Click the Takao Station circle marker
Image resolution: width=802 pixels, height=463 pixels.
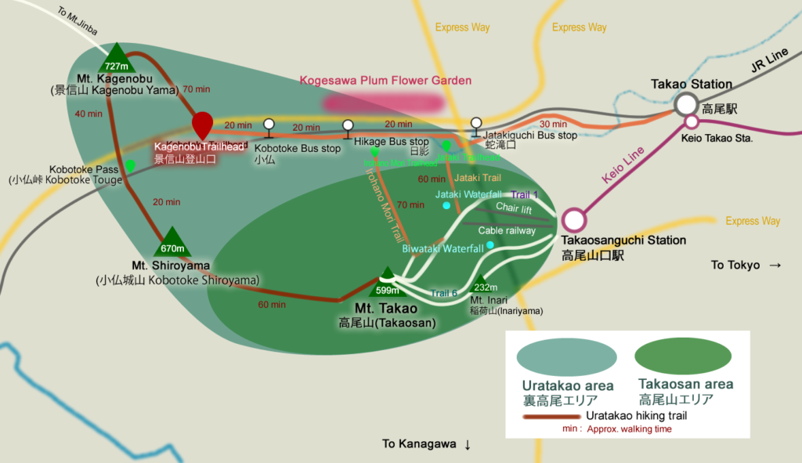click(x=687, y=104)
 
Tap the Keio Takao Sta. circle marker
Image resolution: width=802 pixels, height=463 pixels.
click(x=692, y=121)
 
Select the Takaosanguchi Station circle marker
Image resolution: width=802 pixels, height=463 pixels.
click(x=573, y=220)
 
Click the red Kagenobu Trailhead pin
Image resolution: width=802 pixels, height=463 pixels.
click(x=202, y=124)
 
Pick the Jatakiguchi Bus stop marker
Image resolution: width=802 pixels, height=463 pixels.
click(x=476, y=125)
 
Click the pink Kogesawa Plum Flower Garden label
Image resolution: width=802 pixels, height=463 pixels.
click(x=386, y=80)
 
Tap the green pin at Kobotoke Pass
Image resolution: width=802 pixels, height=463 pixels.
click(x=130, y=165)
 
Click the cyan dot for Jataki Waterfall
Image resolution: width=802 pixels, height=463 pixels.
click(x=446, y=206)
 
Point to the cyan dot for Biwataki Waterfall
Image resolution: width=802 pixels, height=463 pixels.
click(x=490, y=245)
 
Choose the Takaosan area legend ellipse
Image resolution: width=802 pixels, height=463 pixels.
click(x=685, y=357)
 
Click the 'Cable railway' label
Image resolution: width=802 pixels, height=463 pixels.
click(x=507, y=230)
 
